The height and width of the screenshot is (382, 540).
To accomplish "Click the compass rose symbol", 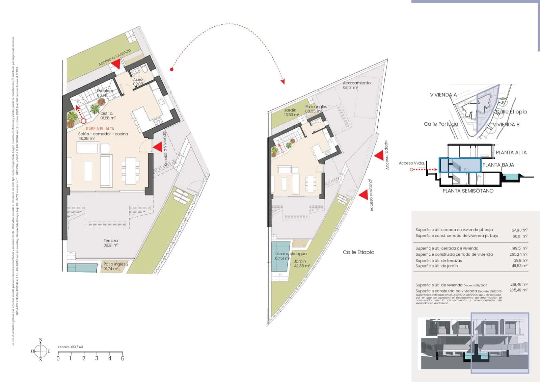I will tap(40, 351).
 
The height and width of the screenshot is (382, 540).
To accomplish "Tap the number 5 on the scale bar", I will tap(123, 358).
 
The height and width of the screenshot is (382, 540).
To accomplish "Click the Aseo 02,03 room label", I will tap(138, 82).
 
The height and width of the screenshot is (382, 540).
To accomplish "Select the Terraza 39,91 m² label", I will tap(111, 243).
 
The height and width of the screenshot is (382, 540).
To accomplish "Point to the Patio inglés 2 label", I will tap(115, 266).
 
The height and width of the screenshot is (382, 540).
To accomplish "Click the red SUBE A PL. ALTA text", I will tap(100, 129).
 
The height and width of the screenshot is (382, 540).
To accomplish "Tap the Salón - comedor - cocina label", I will tap(103, 136).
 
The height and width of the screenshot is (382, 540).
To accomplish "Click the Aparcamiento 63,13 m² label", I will tap(356, 85).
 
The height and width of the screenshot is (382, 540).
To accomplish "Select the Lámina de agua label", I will tap(290, 256).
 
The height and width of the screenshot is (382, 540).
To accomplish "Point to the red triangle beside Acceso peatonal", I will tap(363, 195).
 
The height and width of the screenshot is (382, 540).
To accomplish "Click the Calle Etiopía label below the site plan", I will tap(358, 252).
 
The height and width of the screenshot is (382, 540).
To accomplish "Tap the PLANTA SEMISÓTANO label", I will tap(468, 191).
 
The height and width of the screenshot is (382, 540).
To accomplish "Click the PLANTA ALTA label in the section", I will tap(511, 153).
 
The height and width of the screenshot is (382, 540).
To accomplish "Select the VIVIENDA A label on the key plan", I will tap(443, 95).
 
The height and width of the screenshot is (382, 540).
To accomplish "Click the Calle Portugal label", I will tap(441, 124).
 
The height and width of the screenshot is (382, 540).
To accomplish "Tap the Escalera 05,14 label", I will tap(105, 93).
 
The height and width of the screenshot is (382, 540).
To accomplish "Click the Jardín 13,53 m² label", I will tap(291, 112).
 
